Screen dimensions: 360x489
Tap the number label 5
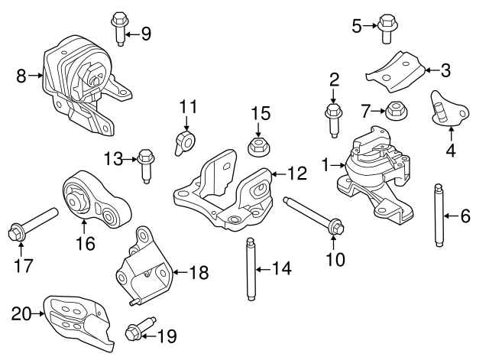pos(357,27)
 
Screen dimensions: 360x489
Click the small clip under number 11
pos(184,142)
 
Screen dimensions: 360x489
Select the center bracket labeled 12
pos(225,192)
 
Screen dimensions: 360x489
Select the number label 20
pos(20,313)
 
